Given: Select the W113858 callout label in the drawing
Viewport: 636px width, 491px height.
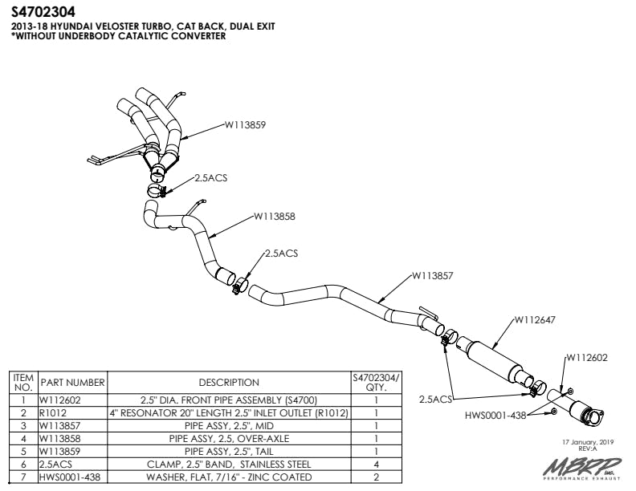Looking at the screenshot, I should coord(275,216).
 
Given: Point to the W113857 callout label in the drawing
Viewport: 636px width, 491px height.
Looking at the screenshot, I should coord(433,275).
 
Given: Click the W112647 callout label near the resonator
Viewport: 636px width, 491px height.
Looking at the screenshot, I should coord(535,319).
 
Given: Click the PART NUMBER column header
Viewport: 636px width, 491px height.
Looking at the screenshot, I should coord(73,383).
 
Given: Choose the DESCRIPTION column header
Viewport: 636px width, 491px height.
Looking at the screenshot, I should coord(229,383).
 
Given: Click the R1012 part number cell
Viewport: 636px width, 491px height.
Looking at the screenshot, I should coord(53,413).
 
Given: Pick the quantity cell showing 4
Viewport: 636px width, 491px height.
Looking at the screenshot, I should coord(376,465).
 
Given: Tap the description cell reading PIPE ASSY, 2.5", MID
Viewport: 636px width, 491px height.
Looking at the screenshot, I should coord(229,426).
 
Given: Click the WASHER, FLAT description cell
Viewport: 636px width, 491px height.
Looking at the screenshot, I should coord(229,477).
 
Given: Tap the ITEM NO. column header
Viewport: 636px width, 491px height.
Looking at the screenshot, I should coord(23,383).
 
